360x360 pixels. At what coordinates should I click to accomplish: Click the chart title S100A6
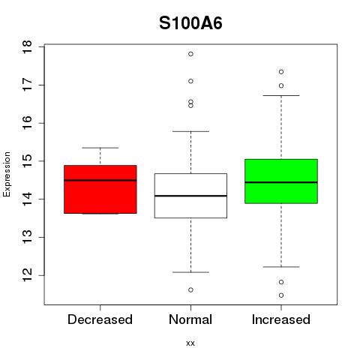pyautogui.click(x=190, y=23)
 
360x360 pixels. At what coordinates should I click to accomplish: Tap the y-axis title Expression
pyautogui.click(x=7, y=174)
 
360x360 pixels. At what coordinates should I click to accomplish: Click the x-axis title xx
pyautogui.click(x=190, y=343)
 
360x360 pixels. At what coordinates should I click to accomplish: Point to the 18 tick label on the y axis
pyautogui.click(x=27, y=46)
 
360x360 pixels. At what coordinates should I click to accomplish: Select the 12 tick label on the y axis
pyautogui.click(x=27, y=275)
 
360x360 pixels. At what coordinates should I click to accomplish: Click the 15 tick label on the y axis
pyautogui.click(x=27, y=161)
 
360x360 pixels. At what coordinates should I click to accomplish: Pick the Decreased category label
pyautogui.click(x=100, y=319)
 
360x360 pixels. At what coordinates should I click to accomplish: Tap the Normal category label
pyautogui.click(x=190, y=319)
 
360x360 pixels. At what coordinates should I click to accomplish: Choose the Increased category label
pyautogui.click(x=281, y=319)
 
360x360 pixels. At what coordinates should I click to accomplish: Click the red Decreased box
pyautogui.click(x=100, y=189)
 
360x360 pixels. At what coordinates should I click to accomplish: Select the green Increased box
pyautogui.click(x=281, y=181)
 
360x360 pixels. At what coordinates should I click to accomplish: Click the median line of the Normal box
pyautogui.click(x=190, y=196)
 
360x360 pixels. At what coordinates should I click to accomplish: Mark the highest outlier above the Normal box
pyautogui.click(x=190, y=54)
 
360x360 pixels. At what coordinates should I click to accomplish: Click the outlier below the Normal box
pyautogui.click(x=190, y=290)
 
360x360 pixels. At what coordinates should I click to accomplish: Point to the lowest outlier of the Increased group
pyautogui.click(x=281, y=295)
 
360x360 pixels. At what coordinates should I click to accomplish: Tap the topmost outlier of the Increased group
pyautogui.click(x=281, y=72)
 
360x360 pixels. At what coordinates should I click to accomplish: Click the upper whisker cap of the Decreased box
pyautogui.click(x=100, y=148)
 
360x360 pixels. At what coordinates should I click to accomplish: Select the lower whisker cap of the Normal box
pyautogui.click(x=190, y=272)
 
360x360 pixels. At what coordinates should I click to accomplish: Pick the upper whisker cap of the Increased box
pyautogui.click(x=281, y=95)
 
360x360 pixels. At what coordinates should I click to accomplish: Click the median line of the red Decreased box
pyautogui.click(x=100, y=180)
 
